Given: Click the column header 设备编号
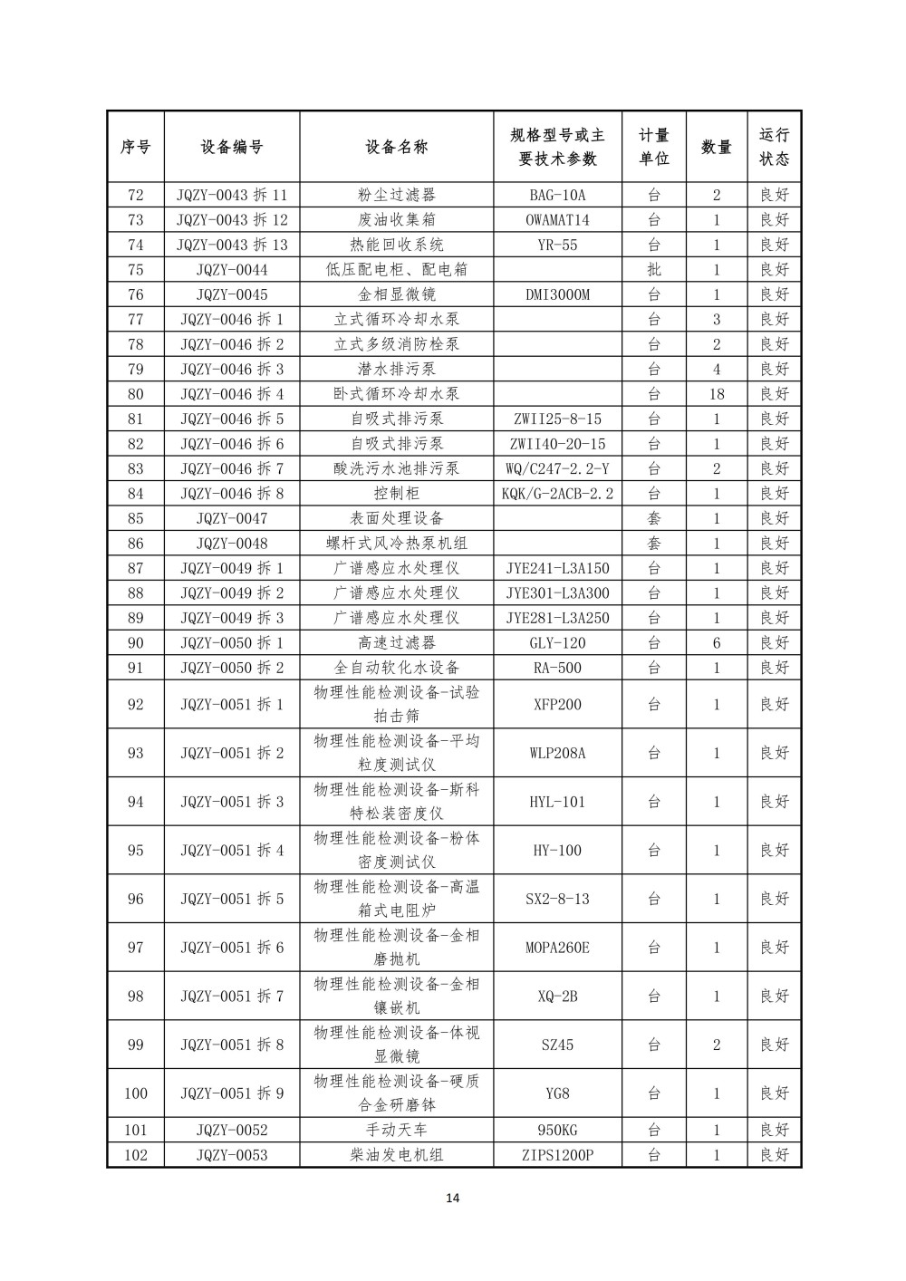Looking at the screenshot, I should pyautogui.click(x=232, y=147).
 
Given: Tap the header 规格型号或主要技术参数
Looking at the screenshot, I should pyautogui.click(x=557, y=147).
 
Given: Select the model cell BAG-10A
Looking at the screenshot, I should pyautogui.click(x=557, y=195).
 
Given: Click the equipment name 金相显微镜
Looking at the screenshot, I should pyautogui.click(x=396, y=294).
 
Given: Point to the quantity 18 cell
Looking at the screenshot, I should pyautogui.click(x=716, y=394).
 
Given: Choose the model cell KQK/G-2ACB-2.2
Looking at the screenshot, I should pyautogui.click(x=557, y=494).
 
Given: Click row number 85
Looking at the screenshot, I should pyautogui.click(x=136, y=518).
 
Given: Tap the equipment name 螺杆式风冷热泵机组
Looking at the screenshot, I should pyautogui.click(x=396, y=544).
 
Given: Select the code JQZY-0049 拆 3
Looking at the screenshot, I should pyautogui.click(x=232, y=618).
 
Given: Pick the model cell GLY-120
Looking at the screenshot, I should pyautogui.click(x=557, y=643).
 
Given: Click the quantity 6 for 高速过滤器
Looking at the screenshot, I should pyautogui.click(x=716, y=643).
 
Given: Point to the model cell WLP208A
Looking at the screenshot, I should pyautogui.click(x=557, y=753).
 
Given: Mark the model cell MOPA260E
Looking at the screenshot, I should pyautogui.click(x=557, y=948).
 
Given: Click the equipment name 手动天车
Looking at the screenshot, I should pyautogui.click(x=396, y=1130).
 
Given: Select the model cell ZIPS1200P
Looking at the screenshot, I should pyautogui.click(x=557, y=1155).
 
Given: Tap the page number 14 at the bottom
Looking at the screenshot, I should pyautogui.click(x=453, y=1199).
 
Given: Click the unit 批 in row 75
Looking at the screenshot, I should pyautogui.click(x=654, y=269).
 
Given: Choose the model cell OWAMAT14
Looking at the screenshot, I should pyautogui.click(x=557, y=219).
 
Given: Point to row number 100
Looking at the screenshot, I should pyautogui.click(x=136, y=1093).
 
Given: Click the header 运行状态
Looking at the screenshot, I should pyautogui.click(x=774, y=147).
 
